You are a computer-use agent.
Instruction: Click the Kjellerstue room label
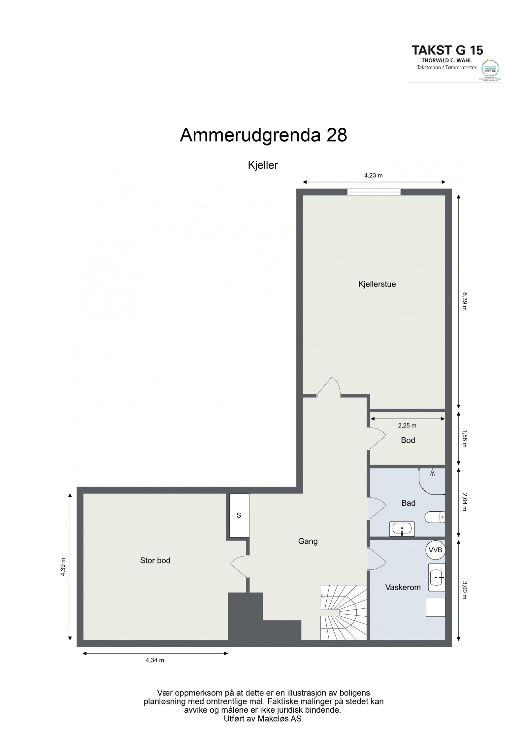click(377, 284)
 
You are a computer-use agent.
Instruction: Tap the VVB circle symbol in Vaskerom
click(435, 550)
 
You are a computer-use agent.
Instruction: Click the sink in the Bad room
click(402, 529)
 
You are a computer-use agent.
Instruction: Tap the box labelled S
click(239, 515)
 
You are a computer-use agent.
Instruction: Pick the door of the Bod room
click(377, 438)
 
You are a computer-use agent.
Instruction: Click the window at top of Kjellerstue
click(374, 192)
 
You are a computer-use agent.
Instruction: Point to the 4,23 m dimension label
click(373, 176)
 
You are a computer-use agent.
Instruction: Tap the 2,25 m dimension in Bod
click(407, 425)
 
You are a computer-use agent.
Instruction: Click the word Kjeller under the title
click(263, 165)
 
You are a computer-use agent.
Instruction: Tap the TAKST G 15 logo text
click(447, 50)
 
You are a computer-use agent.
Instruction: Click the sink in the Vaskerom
click(436, 577)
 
